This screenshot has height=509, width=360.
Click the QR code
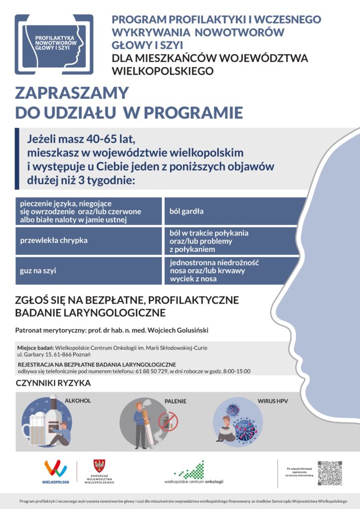pyautogui.click(x=329, y=473)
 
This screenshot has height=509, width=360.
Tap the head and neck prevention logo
pyautogui.click(x=54, y=44)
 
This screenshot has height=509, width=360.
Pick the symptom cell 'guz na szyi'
pyautogui.click(x=88, y=271)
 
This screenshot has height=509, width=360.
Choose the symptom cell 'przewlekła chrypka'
pyautogui.click(x=88, y=241)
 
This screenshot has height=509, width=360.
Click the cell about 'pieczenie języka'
pyautogui.click(x=88, y=211)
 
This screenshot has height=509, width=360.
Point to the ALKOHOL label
pyautogui.click(x=78, y=400)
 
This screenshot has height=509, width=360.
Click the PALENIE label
pyautogui.click(x=175, y=401)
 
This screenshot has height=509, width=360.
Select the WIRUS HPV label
pyautogui.click(x=273, y=400)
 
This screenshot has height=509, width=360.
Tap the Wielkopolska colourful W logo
pyautogui.click(x=55, y=469)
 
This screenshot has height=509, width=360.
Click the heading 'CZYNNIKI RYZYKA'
pyautogui.click(x=54, y=383)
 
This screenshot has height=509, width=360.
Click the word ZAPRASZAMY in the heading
pyautogui.click(x=71, y=93)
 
